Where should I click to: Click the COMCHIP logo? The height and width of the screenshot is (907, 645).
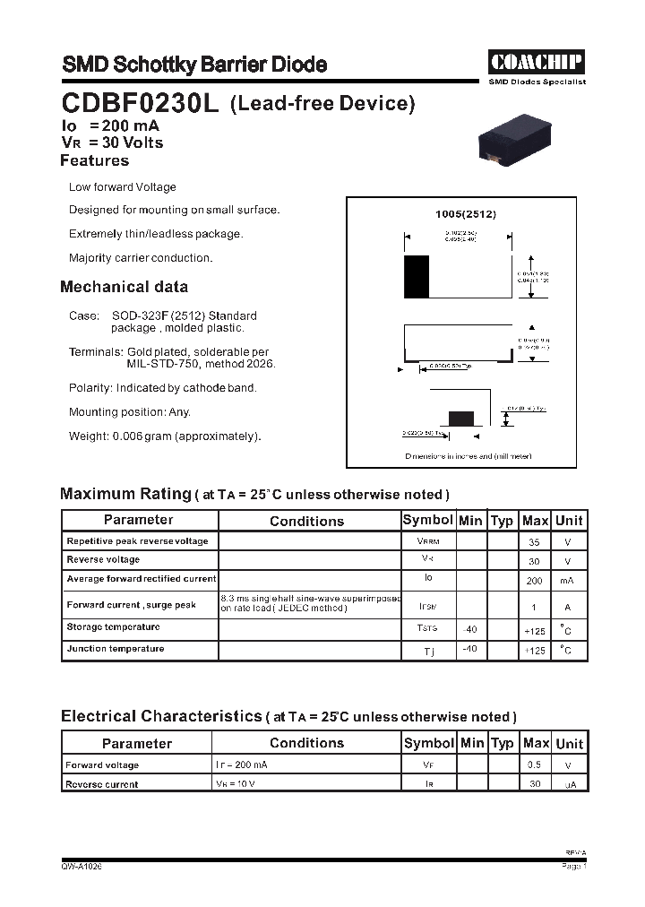[536, 62]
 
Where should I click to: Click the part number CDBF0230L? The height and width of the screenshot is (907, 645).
[140, 104]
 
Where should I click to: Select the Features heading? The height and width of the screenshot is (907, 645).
[94, 161]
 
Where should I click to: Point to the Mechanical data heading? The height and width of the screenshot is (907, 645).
[124, 287]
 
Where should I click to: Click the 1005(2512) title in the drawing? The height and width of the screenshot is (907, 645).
[465, 215]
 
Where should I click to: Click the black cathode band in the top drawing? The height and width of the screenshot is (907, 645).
[417, 276]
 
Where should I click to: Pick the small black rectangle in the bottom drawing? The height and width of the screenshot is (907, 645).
[460, 418]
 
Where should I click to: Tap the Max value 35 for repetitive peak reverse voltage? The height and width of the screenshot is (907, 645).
[535, 542]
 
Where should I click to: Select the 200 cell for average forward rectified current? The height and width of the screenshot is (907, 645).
[535, 581]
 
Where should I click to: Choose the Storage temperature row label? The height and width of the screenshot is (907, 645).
[113, 627]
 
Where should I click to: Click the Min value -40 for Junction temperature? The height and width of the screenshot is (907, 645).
[469, 649]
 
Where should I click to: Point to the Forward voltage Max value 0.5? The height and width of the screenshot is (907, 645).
[535, 765]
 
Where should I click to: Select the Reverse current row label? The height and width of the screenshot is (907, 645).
[102, 784]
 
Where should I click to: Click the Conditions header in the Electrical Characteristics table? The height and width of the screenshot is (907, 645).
[306, 743]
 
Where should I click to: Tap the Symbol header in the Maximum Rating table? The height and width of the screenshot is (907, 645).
[428, 521]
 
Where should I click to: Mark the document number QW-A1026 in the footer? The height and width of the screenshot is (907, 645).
[82, 868]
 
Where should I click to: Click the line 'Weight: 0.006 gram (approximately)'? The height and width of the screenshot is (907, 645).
[165, 436]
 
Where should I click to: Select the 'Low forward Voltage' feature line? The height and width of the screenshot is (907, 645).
[123, 187]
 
